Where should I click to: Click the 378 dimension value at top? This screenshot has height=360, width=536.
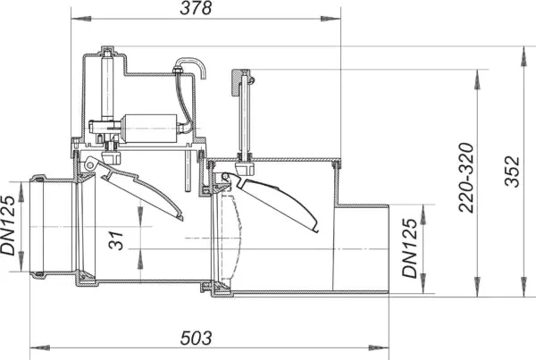coord(196,8)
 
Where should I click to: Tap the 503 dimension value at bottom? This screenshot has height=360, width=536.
coord(196,339)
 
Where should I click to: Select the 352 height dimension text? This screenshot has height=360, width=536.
coord(512,172)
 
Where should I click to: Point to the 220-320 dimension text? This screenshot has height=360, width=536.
coord(466,178)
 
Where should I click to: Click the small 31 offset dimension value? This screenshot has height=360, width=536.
coord(116,241)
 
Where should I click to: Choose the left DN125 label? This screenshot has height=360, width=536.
coord(8,226)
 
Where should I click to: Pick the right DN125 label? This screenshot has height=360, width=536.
coord(410,248)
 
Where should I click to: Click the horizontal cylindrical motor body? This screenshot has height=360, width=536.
coord(150,129)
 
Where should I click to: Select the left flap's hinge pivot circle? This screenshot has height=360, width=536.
coord(90,165)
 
